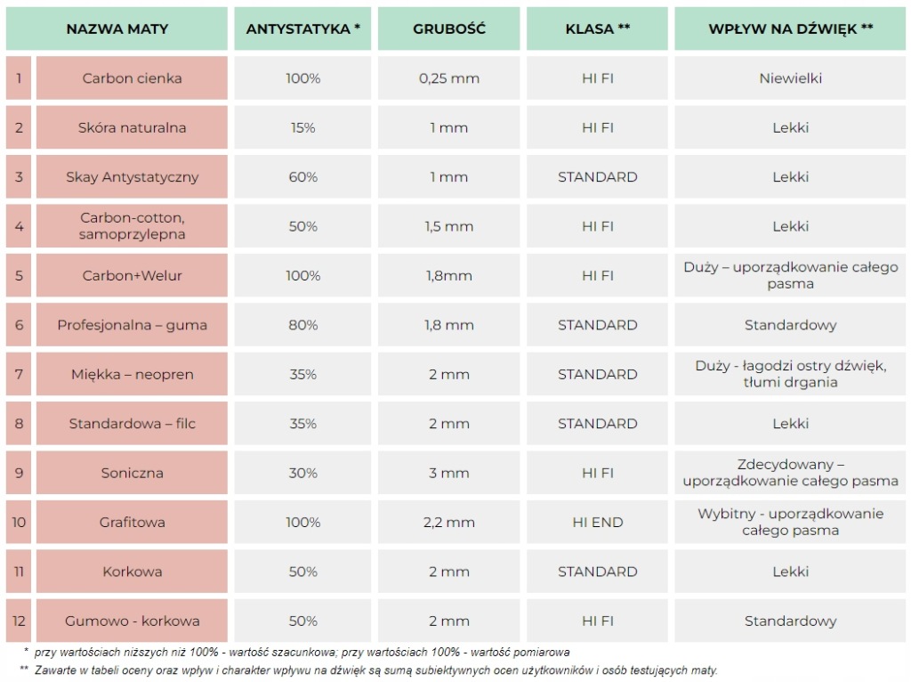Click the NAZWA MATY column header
117,28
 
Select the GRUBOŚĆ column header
448,28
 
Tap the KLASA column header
597,28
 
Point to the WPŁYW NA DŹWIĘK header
790,28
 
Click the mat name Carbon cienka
132,78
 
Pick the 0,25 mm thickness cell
448,78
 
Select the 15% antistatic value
302,127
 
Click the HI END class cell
597,523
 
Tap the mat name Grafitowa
132,523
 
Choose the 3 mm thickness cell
448,473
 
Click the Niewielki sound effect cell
790,78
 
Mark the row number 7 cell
19,374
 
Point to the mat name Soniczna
132,473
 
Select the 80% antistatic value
302,325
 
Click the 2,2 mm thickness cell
448,523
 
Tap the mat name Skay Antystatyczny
132,177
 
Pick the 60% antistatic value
302,177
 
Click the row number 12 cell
19,621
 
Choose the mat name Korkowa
132,572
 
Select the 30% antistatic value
302,473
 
